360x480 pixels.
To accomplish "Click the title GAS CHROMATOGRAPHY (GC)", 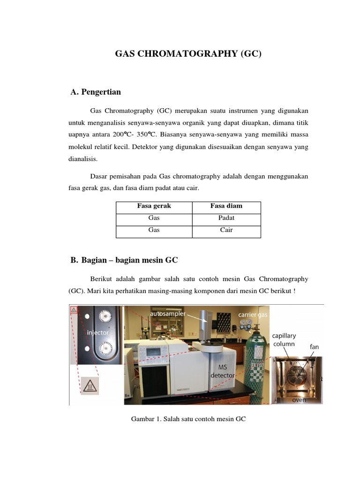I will tap(188, 54).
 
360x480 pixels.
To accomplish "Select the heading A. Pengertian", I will tap(96, 92).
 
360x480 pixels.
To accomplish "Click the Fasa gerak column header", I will tap(154, 206).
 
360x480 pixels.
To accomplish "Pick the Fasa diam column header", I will tap(226, 206).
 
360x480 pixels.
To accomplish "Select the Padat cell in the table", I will tap(226, 218).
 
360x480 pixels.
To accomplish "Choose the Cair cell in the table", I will tap(226, 230).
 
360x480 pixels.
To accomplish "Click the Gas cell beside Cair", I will tap(154, 230).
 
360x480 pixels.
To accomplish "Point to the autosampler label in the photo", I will tap(168, 313).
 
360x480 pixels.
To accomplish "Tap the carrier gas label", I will tap(253, 315).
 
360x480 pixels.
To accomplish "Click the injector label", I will tap(98, 332).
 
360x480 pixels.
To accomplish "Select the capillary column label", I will tap(284, 340).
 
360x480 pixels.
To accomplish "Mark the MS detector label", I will tap(222, 372).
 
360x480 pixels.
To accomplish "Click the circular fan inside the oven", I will tap(298, 375).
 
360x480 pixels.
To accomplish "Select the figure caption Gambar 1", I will tap(188, 419).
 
